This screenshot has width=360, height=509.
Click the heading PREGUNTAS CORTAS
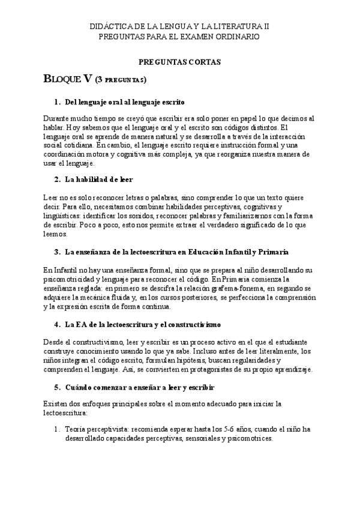click(x=180, y=62)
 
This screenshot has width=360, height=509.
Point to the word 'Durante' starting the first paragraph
click(x=58, y=119)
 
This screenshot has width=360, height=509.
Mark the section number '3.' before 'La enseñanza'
click(x=58, y=251)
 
